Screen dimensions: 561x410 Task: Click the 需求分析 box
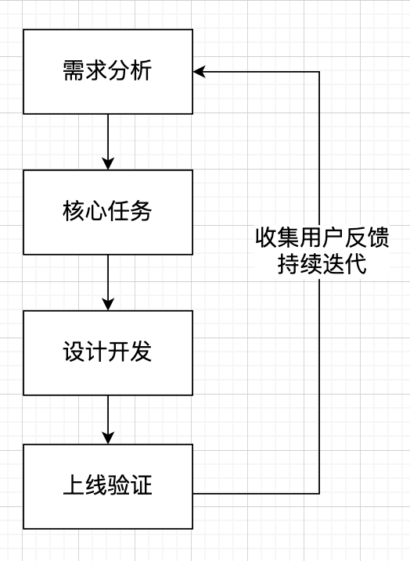tap(108, 72)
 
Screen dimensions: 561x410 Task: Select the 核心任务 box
tap(108, 212)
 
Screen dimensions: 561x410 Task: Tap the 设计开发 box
tap(108, 352)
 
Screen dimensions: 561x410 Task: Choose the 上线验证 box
tap(108, 486)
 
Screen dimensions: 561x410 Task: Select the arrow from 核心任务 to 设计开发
tap(108, 282)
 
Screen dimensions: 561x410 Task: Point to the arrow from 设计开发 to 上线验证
tap(108, 420)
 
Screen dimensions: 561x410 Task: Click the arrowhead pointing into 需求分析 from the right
tap(200, 72)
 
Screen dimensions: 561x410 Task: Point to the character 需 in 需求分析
tap(74, 72)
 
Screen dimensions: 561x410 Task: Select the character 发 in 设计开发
tap(142, 352)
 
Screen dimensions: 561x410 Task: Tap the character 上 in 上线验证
tap(74, 486)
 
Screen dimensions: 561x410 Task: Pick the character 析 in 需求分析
tap(142, 72)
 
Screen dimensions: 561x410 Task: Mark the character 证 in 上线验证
tap(142, 486)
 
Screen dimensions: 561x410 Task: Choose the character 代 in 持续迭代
tap(355, 264)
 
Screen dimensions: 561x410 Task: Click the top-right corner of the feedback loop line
tap(319, 72)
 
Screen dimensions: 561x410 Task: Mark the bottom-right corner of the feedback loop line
tap(319, 493)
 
